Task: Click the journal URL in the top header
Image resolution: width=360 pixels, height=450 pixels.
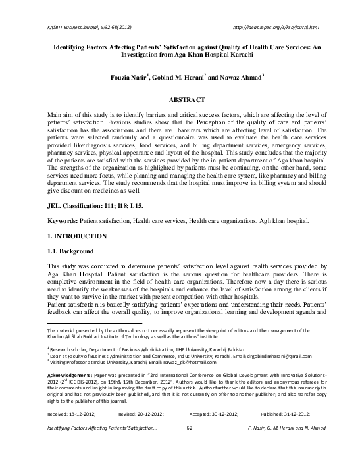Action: click(x=276, y=27)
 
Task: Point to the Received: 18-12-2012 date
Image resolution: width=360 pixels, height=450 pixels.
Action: click(x=68, y=413)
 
